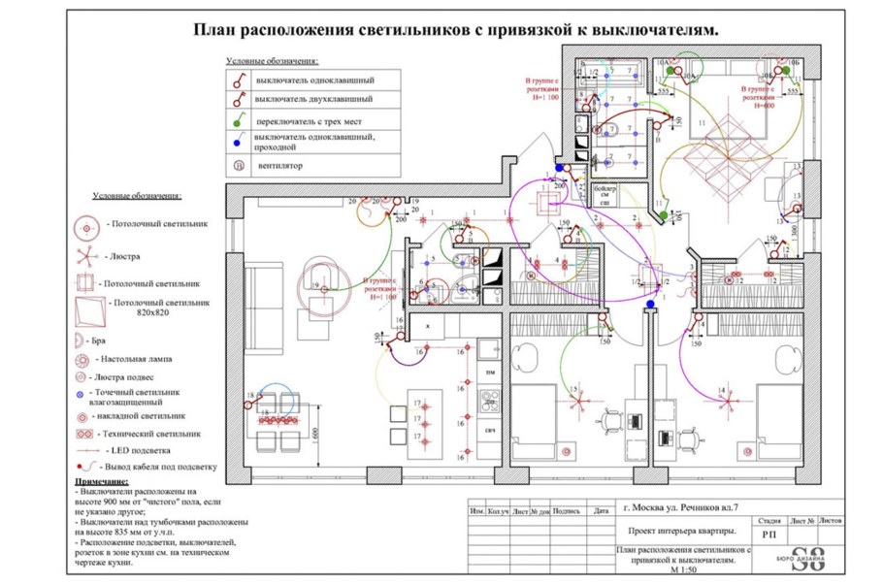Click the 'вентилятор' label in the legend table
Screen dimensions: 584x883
pyautogui.click(x=280, y=166)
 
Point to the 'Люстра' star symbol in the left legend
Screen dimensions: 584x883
pyautogui.click(x=85, y=257)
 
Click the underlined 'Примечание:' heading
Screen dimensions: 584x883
pyautogui.click(x=100, y=482)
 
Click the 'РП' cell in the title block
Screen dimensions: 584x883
pyautogui.click(x=769, y=534)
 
